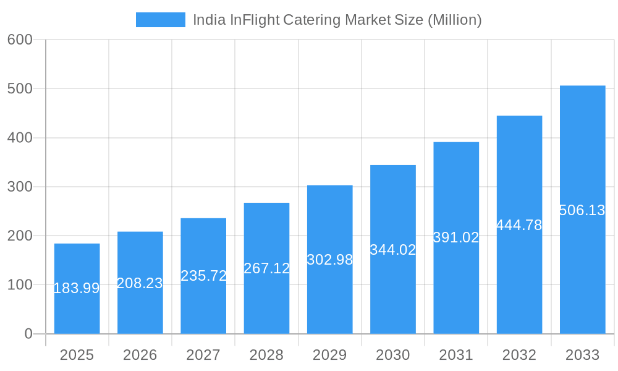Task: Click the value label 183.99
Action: [77, 288]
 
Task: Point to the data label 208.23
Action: [140, 283]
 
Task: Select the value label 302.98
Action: [329, 260]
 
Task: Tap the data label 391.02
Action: [456, 237]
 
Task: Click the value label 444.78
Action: [519, 225]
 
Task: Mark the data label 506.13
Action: [582, 210]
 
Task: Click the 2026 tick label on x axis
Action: [140, 355]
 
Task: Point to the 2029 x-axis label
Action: [329, 355]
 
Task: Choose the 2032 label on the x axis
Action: [519, 355]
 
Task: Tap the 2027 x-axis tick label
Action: [203, 355]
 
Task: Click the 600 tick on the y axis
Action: [20, 40]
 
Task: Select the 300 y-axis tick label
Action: [20, 187]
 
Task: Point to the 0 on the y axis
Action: [28, 334]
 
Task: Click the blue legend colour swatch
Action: [161, 20]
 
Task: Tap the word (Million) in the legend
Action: [454, 20]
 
